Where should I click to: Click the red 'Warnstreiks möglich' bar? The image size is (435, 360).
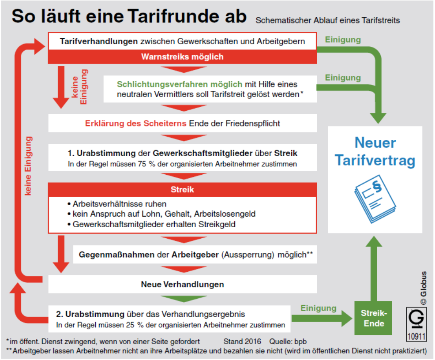coord(182,57)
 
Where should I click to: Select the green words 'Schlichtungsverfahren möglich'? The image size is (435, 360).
coord(180,84)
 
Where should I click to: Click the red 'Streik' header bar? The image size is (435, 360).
coord(182,190)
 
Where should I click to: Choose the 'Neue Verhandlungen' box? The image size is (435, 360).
coord(182,284)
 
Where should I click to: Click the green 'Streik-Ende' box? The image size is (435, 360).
coord(373,318)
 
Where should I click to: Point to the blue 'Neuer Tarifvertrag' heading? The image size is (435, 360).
coord(375,151)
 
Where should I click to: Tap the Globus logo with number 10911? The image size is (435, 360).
coord(416,325)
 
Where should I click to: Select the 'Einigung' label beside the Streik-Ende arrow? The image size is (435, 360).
coord(319,308)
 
